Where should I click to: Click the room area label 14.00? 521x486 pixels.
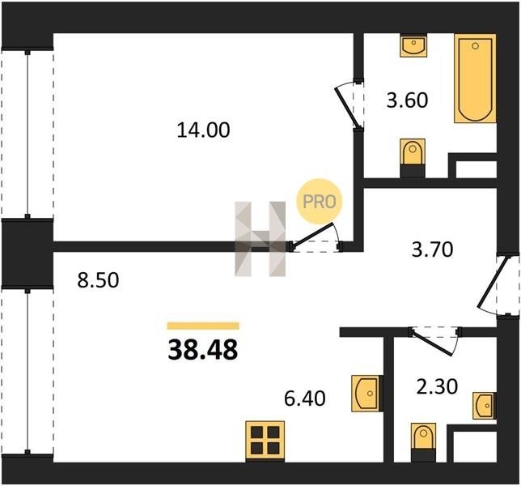[x=203, y=130]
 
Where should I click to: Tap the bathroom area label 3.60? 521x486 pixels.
[x=407, y=100]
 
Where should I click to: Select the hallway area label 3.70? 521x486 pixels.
[x=432, y=249]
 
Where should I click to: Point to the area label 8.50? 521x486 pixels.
[x=98, y=280]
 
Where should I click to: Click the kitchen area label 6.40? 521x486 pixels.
[x=305, y=399]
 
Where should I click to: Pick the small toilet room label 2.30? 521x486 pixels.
[x=437, y=387]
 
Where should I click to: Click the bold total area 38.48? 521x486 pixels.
[x=203, y=350]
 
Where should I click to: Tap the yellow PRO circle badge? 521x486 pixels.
[x=320, y=202]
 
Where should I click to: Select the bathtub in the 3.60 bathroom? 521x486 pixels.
[x=475, y=79]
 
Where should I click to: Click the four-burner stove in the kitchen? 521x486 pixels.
[x=265, y=441]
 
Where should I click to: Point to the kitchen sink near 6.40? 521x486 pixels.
[x=366, y=394]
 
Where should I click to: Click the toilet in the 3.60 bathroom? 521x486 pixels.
[x=413, y=158]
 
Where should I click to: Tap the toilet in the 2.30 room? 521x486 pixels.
[x=423, y=442]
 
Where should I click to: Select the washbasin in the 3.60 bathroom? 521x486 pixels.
[x=413, y=45]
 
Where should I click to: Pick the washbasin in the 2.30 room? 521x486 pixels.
[x=485, y=406]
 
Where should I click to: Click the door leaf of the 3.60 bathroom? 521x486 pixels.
[x=346, y=107]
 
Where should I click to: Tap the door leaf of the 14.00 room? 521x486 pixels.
[x=311, y=236]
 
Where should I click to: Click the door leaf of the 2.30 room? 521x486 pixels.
[x=433, y=342]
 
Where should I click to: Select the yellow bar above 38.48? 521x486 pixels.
[x=203, y=326]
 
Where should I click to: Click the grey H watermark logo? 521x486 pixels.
[x=260, y=239]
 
